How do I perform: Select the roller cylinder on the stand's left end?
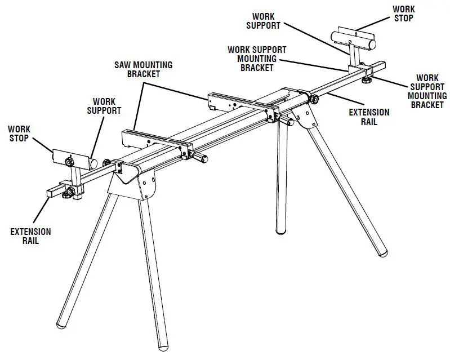(x=75, y=158)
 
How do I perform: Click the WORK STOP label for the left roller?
(x=20, y=134)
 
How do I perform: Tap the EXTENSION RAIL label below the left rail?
(x=30, y=236)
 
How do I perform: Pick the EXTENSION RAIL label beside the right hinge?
(x=369, y=117)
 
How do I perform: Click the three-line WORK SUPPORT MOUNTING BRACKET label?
(x=257, y=59)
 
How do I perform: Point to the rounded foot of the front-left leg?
(x=64, y=326)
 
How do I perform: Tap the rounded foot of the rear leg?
(x=281, y=228)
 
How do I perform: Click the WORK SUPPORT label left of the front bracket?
(x=104, y=106)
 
